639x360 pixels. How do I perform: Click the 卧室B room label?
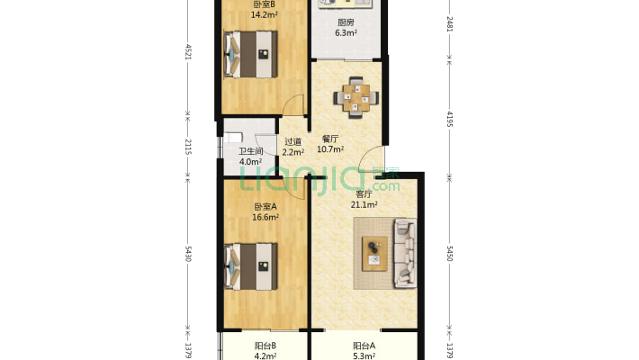[264, 4]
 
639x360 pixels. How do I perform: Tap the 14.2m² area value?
[264, 15]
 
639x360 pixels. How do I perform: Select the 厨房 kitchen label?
[346, 22]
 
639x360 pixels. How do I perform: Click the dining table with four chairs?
[356, 98]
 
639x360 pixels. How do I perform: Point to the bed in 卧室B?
[250, 54]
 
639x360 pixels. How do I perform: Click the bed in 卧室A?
[250, 266]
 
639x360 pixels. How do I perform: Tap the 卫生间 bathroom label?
[250, 152]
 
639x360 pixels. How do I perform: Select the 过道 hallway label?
[293, 142]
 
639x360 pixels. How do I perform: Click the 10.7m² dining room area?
[330, 149]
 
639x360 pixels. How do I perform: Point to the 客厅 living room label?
[364, 194]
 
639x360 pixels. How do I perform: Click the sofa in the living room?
[405, 253]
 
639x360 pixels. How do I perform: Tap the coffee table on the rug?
[374, 254]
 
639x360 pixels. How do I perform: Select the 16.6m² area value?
[265, 217]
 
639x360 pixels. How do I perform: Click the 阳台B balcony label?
[265, 346]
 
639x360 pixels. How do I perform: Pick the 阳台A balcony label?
[364, 346]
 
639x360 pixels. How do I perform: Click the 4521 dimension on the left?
[188, 52]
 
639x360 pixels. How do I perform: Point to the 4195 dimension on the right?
[450, 119]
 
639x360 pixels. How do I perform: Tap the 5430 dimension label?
[188, 254]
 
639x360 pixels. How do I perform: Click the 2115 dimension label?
[188, 147]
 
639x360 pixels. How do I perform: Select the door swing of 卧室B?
[293, 104]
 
